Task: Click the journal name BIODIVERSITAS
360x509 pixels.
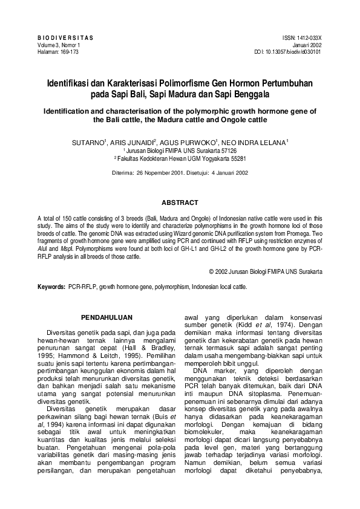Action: (65, 37)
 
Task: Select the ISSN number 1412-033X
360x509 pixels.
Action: (309, 37)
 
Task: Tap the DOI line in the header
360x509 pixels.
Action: (288, 52)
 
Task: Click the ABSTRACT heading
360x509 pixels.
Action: (180, 202)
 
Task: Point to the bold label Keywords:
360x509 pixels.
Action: (51, 287)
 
